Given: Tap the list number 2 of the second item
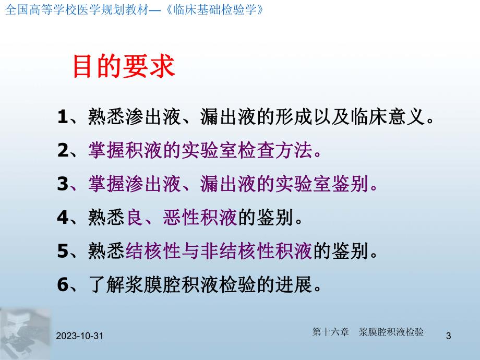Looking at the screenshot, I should [63, 151].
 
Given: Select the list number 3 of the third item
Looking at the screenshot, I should [63, 184].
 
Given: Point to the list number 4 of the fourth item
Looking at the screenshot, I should [63, 218].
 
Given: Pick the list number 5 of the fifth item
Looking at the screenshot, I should [63, 251].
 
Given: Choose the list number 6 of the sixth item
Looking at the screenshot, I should [63, 285].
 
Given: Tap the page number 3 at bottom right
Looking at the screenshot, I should [448, 337].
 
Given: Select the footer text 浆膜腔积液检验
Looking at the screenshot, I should [391, 332].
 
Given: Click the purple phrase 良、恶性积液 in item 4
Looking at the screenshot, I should [182, 218].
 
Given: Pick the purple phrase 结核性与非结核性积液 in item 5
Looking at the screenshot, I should [219, 251].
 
